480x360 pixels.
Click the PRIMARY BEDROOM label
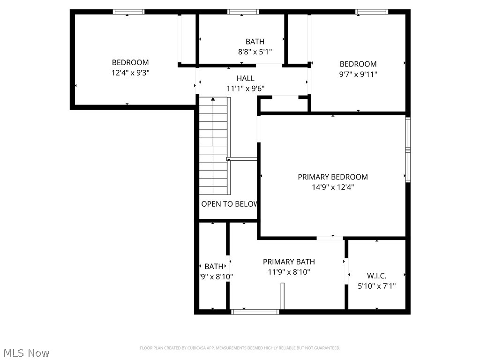pos(333,177)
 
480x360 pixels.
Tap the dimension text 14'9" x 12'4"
pos(333,187)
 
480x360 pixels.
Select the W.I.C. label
pos(376,276)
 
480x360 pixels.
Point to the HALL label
pos(246,78)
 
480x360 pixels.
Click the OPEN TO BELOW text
pos(229,204)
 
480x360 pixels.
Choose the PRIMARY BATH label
pos(289,262)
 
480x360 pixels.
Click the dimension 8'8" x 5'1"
pos(255,52)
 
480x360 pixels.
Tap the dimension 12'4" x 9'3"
pos(130,73)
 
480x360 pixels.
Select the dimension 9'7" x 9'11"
pos(358,74)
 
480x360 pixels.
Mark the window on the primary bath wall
pos(255,311)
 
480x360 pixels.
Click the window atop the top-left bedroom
pos(128,12)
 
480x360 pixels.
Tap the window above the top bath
pos(243,12)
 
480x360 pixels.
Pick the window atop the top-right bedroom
pos(372,12)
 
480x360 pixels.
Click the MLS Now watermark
pos(27,352)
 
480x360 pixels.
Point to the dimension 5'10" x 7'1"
pos(376,286)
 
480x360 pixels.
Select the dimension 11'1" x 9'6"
pos(246,88)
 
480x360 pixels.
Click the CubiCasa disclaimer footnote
pos(240,348)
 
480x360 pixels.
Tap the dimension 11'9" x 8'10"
pos(289,272)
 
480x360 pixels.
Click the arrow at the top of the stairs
pos(213,99)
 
